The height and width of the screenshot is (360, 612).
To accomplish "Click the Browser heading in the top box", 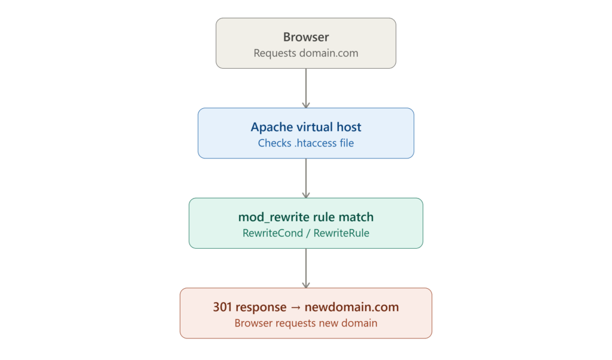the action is (306, 37).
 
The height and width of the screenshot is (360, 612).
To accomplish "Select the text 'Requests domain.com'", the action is (306, 53).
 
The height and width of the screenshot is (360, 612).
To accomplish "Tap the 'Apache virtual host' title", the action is (306, 127).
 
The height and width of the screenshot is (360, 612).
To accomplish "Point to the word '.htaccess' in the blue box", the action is (316, 143).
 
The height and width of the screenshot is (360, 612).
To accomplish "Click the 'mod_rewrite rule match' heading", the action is (306, 217).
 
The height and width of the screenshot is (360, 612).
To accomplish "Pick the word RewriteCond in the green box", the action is (273, 233).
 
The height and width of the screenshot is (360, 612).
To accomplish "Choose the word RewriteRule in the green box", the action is (341, 233).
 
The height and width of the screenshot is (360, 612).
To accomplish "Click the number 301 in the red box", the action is (222, 307).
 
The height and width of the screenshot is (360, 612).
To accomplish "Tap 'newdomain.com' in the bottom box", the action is (351, 307).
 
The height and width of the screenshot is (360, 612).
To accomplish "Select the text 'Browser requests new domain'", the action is (306, 324).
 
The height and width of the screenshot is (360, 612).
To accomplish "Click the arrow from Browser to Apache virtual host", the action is (306, 89).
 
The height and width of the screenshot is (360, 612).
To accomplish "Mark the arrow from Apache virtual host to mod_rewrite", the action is (306, 178).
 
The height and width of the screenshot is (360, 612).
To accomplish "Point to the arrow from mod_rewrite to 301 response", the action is (306, 269).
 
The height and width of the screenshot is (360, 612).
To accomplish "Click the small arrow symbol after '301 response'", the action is (296, 307).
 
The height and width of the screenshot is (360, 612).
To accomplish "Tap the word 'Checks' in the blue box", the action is (275, 143).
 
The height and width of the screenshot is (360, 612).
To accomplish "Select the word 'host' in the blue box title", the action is (349, 127).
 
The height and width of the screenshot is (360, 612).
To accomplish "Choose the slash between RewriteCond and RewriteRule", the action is (308, 233).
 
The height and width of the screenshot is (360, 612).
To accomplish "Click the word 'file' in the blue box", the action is (347, 143).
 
